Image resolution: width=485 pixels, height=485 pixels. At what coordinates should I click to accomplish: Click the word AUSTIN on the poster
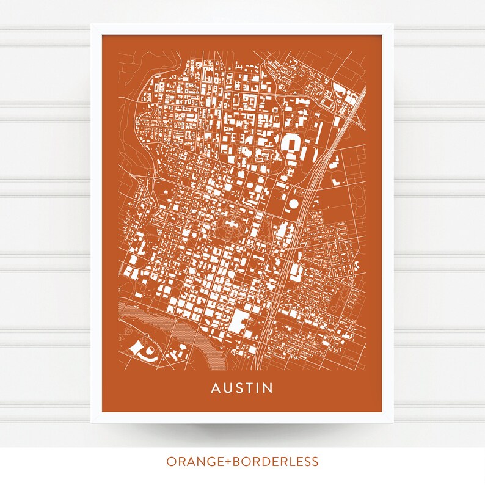242,388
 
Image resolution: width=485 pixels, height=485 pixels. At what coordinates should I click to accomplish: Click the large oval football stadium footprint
293,145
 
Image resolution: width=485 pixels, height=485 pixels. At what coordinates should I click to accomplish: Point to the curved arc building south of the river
139,349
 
